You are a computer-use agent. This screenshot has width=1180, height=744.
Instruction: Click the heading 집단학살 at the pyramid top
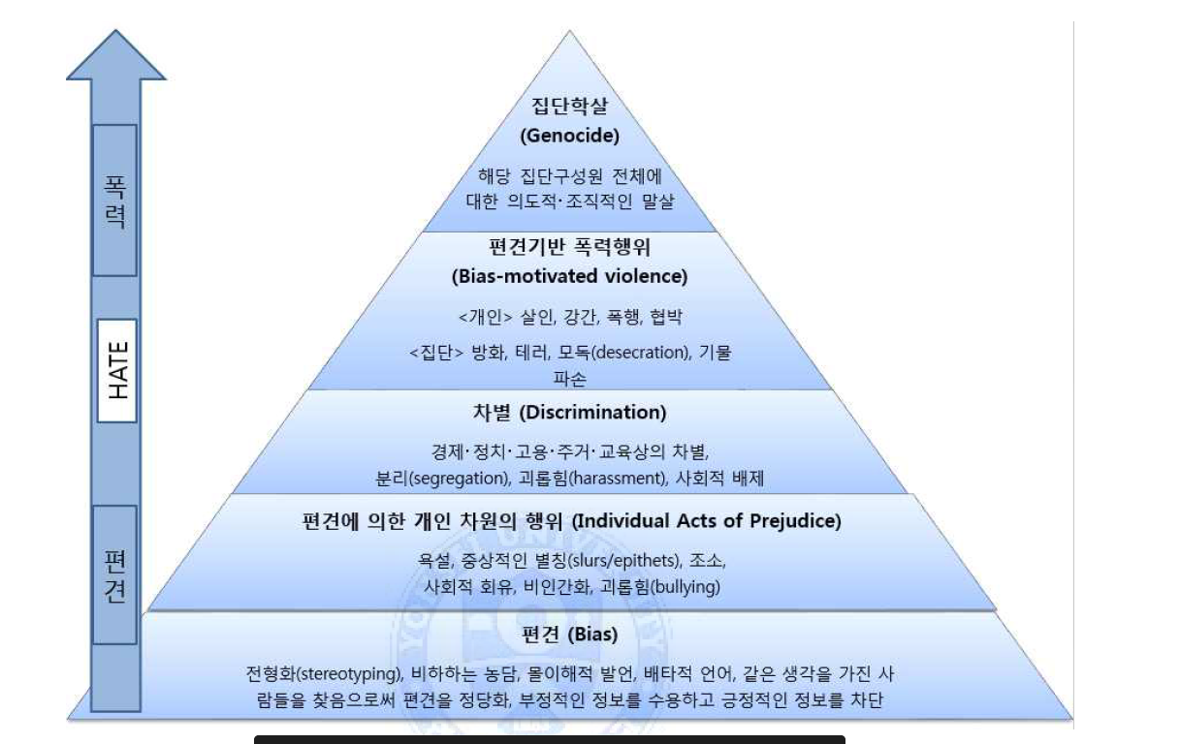[x=569, y=105]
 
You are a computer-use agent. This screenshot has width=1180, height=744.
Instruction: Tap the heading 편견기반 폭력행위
[x=569, y=246]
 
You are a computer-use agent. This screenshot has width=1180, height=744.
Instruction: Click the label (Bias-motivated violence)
[x=569, y=276]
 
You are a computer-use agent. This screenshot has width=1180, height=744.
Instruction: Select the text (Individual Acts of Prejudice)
[x=707, y=521]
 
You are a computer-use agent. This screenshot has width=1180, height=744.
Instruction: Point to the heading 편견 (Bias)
[x=568, y=635]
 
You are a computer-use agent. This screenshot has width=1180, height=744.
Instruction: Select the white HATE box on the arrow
[x=117, y=370]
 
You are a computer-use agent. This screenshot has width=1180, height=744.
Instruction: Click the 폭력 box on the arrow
[x=114, y=201]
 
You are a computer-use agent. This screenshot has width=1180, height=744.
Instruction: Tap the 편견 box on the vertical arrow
[x=114, y=574]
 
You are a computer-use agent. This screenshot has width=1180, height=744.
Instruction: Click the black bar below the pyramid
[x=549, y=739]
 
